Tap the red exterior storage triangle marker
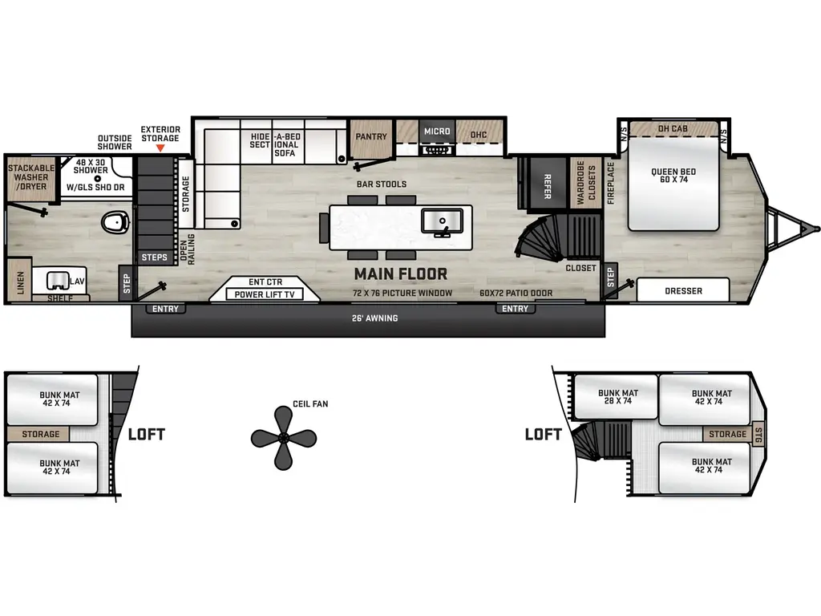tap(160, 148)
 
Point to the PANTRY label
tap(371, 136)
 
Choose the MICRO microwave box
tap(437, 132)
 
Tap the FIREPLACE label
tap(611, 184)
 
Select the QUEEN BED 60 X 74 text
tap(673, 176)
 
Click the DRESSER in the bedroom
tap(683, 291)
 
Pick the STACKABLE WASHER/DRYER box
tap(28, 177)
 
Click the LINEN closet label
tap(20, 282)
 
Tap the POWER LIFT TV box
tap(264, 294)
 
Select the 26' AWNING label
tap(375, 318)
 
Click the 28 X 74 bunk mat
tap(617, 397)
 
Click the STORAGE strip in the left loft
tap(40, 434)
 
